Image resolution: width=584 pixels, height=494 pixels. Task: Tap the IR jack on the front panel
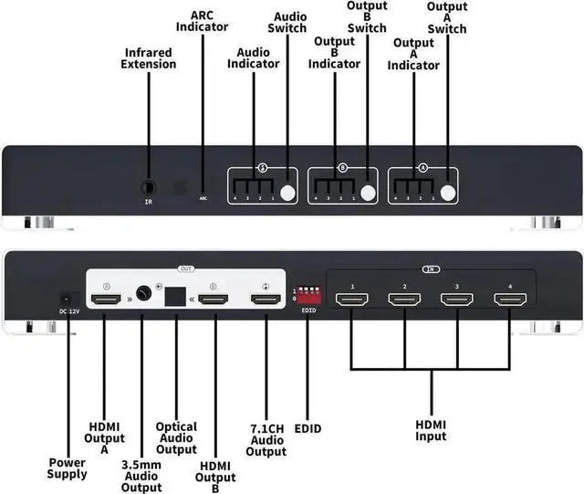[149, 186]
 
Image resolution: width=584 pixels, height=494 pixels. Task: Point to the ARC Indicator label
[209, 21]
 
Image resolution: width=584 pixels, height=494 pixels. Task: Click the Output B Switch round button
[368, 193]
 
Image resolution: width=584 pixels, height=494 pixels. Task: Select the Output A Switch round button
[447, 193]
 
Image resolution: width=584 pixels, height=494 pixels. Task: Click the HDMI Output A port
[107, 299]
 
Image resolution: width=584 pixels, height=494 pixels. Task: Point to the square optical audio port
[174, 297]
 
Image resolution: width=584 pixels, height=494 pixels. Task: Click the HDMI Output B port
[214, 299]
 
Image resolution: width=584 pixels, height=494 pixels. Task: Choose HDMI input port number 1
[351, 299]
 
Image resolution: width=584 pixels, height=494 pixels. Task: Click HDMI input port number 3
[456, 299]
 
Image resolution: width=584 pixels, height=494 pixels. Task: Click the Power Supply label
[68, 468]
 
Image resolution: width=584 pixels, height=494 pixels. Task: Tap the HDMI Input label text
[432, 430]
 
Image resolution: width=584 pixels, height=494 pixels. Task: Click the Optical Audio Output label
[176, 436]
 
